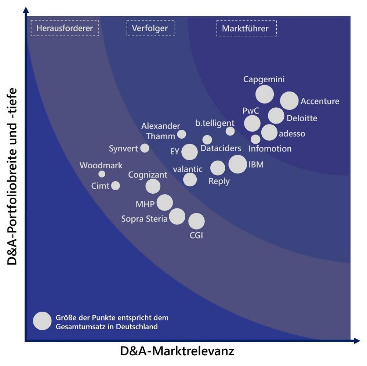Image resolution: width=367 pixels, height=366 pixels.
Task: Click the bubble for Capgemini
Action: point(265,94)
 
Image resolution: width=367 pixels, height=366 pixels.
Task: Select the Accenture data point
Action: point(289,101)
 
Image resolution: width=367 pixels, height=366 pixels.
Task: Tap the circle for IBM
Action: point(237,164)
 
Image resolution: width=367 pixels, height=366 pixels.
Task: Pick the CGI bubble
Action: point(196,221)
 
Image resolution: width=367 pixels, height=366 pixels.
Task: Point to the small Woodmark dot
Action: point(102,174)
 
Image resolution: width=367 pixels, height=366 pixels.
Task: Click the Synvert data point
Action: point(145,148)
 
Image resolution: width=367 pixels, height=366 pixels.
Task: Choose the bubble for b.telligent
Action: point(230,131)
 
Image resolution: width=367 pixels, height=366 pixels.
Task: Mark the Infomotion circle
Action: point(255,139)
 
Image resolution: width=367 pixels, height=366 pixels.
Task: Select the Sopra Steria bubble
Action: point(177,216)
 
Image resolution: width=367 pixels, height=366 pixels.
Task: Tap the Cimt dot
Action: point(115,186)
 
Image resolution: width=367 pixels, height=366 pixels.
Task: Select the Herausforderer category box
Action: point(65,28)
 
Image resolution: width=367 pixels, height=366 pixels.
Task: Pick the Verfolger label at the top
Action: point(151,28)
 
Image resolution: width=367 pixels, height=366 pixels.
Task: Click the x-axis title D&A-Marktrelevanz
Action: point(177,351)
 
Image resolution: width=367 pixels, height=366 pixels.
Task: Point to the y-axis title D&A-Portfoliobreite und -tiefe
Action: point(13,176)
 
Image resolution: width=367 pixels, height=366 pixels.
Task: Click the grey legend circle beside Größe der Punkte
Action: point(42,321)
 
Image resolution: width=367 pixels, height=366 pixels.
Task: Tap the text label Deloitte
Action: point(302,118)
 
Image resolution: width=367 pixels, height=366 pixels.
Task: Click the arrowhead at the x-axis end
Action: point(356,341)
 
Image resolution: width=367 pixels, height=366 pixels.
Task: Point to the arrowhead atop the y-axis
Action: point(26,10)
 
